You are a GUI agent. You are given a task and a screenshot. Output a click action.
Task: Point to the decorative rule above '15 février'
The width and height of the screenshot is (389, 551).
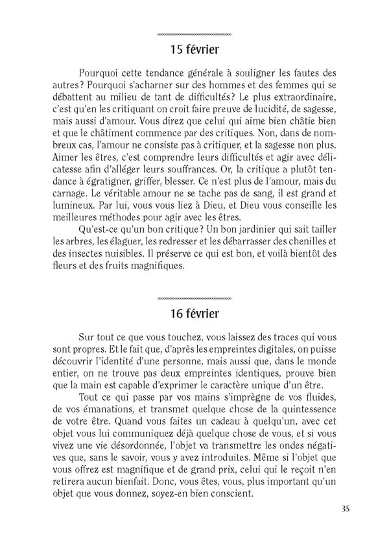[x=194, y=33]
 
